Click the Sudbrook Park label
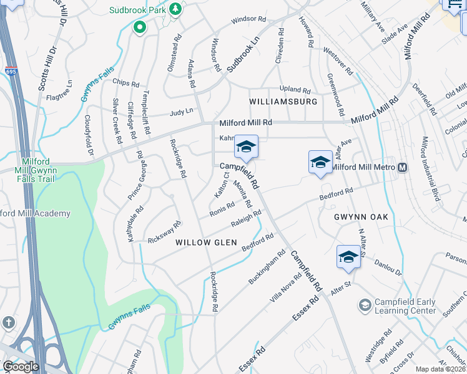click(137, 11)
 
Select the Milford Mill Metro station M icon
click(403, 167)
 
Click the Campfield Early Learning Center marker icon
click(365, 305)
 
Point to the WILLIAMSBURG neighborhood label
click(283, 101)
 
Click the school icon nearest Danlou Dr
click(348, 256)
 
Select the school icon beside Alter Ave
click(320, 162)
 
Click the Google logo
click(20, 367)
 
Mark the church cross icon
click(7, 322)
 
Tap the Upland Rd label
click(295, 90)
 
